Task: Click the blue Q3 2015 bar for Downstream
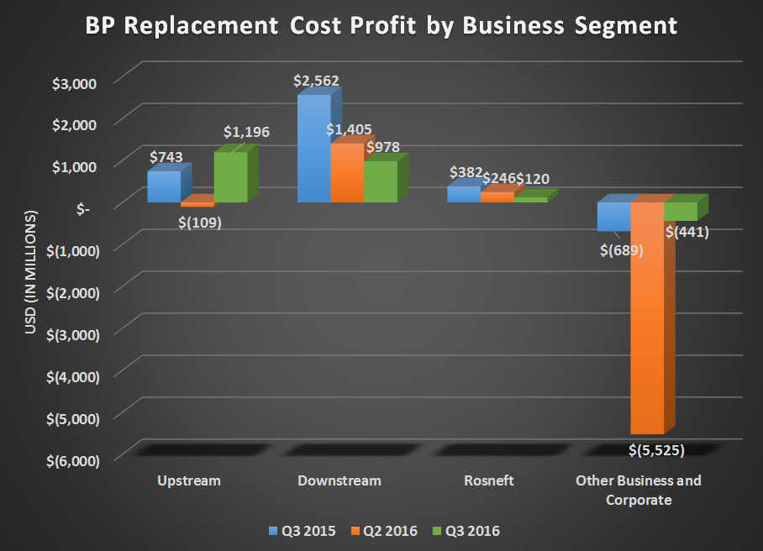(x=313, y=149)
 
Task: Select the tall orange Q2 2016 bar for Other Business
(x=646, y=319)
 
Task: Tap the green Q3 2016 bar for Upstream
(x=230, y=177)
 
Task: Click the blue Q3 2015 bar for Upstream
(x=164, y=186)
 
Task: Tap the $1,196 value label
(x=246, y=133)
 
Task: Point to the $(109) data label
(x=200, y=223)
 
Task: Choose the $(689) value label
(x=622, y=249)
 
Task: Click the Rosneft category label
(x=488, y=481)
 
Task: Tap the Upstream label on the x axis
(x=189, y=481)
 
